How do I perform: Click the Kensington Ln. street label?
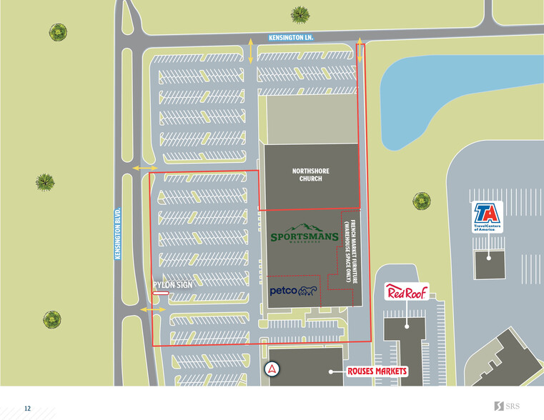coord(291,37)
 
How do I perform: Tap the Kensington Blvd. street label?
coord(118,234)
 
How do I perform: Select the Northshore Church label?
coord(307,174)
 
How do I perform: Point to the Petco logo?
coord(293,291)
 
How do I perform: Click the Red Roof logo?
coord(406,291)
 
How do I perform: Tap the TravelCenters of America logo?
coord(486,217)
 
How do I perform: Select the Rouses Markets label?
coord(377,371)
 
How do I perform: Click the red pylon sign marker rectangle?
coord(160,293)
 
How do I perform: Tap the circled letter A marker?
coord(272,369)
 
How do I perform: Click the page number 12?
coord(27,409)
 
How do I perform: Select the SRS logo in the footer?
coord(507,406)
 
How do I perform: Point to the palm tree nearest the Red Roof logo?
coord(422,201)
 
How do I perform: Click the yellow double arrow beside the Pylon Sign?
coord(152,309)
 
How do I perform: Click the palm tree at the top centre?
coord(300,14)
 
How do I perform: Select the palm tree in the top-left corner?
coord(57,31)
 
